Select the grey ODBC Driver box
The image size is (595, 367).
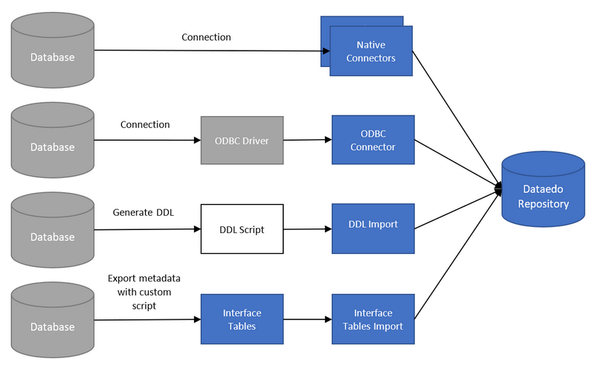242,139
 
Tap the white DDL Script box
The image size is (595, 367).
242,229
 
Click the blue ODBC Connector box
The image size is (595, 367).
373,139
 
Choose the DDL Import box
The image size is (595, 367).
373,225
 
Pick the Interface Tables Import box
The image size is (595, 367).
373,319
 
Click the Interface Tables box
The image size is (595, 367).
242,319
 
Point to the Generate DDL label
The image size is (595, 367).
144,212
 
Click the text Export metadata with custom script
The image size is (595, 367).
144,291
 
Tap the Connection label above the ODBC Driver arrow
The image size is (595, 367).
145,124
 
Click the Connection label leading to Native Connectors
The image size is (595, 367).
206,37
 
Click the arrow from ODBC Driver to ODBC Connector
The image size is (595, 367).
307,139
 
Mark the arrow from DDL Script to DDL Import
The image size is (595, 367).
307,229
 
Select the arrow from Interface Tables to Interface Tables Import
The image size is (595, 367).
307,320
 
